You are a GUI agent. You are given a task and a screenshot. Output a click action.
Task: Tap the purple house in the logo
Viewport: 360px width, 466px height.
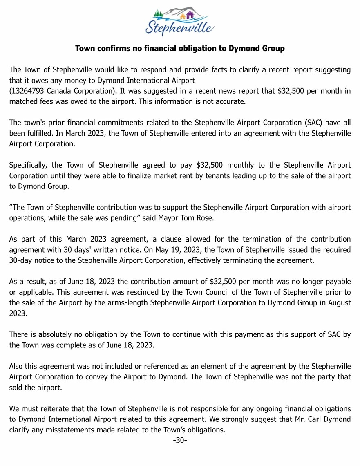[x=189, y=15]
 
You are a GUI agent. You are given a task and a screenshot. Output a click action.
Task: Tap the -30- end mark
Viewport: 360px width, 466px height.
[x=180, y=440]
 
